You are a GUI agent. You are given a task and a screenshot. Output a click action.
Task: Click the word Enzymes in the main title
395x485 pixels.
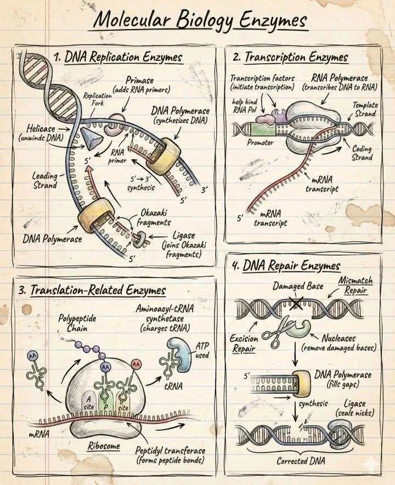click(273, 21)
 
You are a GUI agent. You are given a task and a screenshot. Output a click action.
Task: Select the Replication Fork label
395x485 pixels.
click(97, 99)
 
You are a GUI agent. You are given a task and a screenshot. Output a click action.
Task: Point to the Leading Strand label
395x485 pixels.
click(45, 181)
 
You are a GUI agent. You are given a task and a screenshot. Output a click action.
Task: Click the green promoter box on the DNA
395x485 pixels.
click(263, 129)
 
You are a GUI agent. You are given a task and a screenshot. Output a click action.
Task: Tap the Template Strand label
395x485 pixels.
click(365, 110)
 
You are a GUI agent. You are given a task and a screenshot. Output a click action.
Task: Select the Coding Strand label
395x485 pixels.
click(362, 153)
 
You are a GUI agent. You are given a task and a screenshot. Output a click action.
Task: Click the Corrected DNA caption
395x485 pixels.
click(301, 461)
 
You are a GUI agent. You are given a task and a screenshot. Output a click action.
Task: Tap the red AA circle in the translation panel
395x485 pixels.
click(136, 364)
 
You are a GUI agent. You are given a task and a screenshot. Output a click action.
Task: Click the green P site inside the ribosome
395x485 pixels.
click(105, 403)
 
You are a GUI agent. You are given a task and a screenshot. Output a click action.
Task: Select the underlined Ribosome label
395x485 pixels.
click(104, 446)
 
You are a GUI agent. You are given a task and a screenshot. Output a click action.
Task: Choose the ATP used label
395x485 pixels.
click(202, 351)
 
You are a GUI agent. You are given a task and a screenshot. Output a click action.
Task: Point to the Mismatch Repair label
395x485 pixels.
click(356, 285)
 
